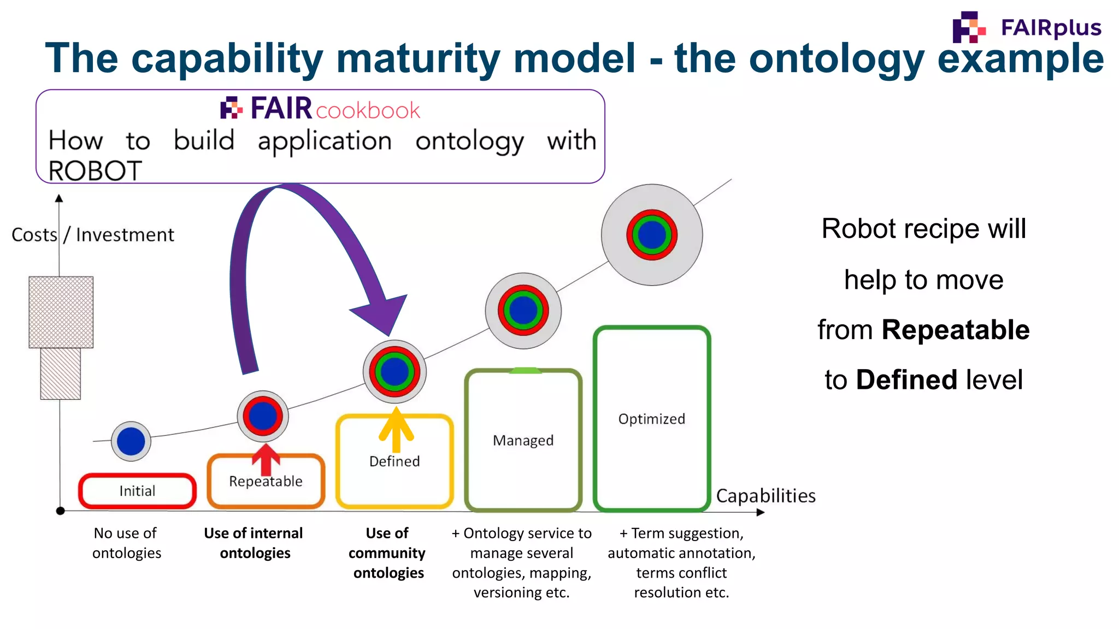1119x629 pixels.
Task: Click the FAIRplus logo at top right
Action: tap(1026, 27)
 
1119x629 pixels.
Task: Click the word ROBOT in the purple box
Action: tap(95, 171)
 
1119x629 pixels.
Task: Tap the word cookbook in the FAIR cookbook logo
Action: tap(368, 111)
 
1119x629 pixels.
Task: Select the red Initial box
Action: tap(137, 491)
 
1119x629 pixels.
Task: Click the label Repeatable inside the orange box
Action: tap(266, 482)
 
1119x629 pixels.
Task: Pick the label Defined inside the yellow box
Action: tap(394, 461)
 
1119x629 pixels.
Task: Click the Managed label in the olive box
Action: tap(523, 440)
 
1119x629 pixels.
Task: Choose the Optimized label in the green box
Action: tap(651, 419)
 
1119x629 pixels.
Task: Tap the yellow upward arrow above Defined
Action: tap(396, 429)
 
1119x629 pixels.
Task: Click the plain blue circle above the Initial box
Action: tap(131, 441)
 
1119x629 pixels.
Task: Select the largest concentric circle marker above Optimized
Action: tap(652, 235)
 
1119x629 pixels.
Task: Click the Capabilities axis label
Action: tap(765, 496)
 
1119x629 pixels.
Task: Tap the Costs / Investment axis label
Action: tap(93, 235)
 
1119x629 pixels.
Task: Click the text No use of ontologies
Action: tap(126, 543)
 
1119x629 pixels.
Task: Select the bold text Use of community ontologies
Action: tap(387, 553)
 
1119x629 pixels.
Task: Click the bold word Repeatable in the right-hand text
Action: tap(955, 330)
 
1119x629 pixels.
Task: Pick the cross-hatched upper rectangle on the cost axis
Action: tap(61, 312)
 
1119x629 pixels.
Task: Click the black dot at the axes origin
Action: tap(61, 511)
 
